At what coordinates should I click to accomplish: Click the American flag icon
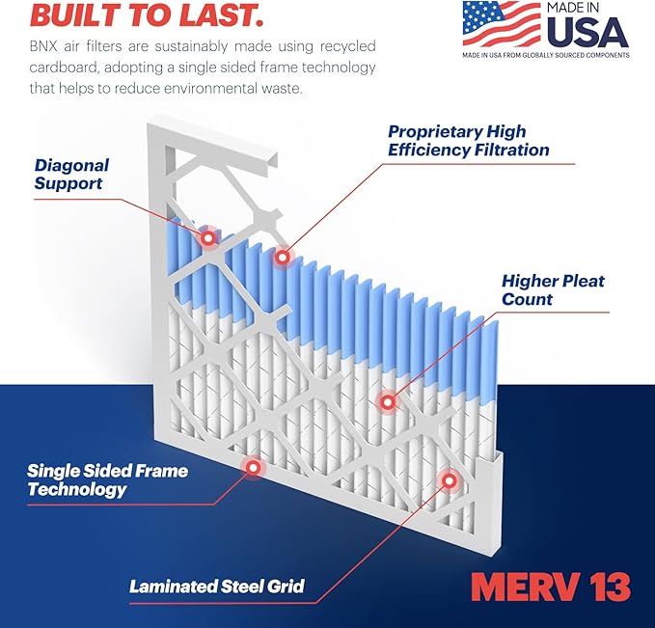tap(501, 23)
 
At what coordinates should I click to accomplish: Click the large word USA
tap(587, 33)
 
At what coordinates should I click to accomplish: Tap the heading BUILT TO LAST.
tap(133, 14)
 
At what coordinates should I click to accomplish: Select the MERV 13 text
tap(551, 586)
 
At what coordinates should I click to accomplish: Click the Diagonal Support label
tap(71, 174)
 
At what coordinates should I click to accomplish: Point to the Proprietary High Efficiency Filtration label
tap(469, 140)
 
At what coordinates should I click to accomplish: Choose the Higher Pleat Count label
tap(553, 289)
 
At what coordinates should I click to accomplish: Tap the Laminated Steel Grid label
tap(217, 586)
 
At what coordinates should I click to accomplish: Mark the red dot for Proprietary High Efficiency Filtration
tap(283, 257)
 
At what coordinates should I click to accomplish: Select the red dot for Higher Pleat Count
tap(387, 400)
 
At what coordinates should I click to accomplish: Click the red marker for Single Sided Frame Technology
tap(253, 468)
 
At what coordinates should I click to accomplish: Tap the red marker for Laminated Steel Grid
tap(448, 479)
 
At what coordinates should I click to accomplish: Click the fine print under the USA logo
tap(545, 56)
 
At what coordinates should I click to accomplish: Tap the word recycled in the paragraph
tap(344, 46)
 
